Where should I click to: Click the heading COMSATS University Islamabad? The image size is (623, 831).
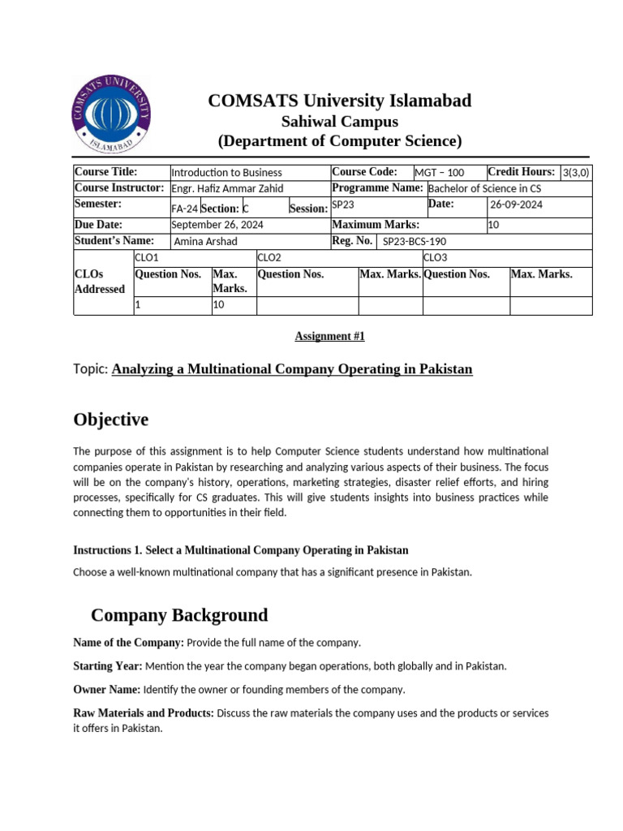point(339,101)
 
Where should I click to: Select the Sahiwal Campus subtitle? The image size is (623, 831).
point(339,122)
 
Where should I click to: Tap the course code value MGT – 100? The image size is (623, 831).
point(439,172)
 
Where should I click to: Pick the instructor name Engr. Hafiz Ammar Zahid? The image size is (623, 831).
point(221,188)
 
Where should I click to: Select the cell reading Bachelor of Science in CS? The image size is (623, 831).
point(484,188)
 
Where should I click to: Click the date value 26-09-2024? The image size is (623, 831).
point(516,205)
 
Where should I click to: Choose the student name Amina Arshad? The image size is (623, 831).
point(204,241)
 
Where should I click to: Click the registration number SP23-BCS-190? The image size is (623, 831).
point(414,241)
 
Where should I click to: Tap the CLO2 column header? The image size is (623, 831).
point(269,257)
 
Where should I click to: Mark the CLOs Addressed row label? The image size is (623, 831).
point(99,282)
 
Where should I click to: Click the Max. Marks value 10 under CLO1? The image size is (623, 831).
point(218,306)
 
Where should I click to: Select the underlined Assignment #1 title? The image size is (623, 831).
point(324,335)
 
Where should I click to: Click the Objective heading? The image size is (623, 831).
point(111,420)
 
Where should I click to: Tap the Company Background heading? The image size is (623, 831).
point(179,614)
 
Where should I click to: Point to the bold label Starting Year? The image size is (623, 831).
point(107,666)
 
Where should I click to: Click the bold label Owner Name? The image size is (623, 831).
point(106,690)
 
